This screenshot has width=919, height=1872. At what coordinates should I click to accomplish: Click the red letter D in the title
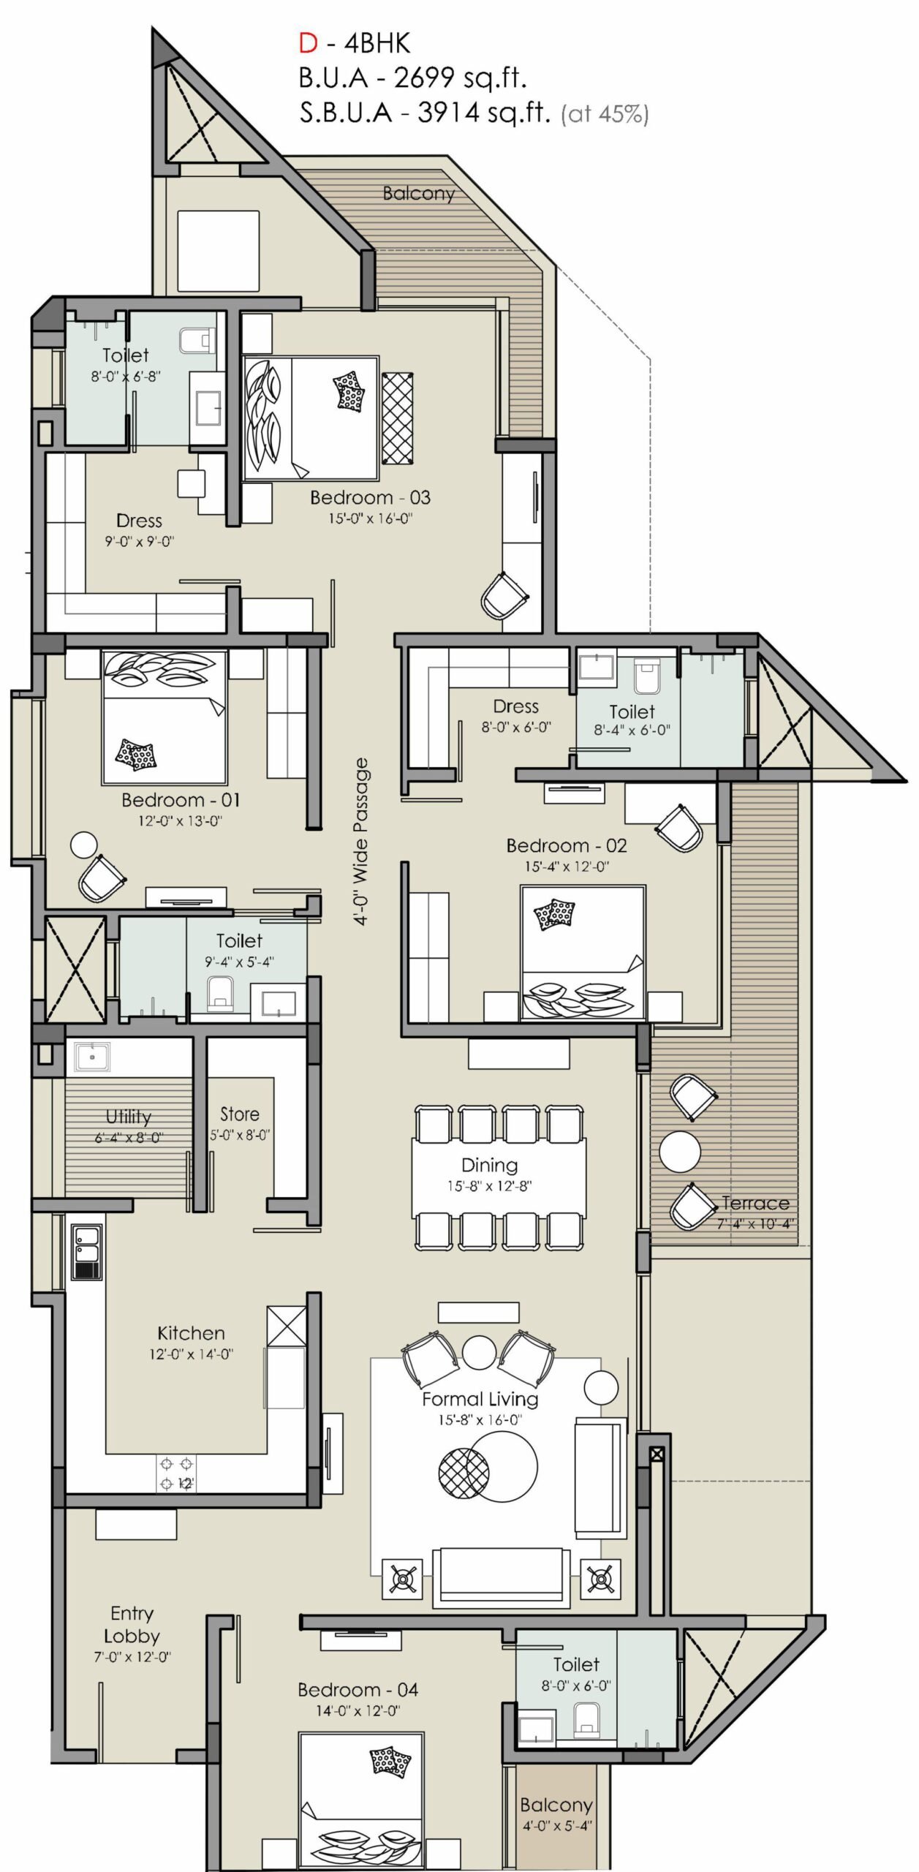[x=308, y=44]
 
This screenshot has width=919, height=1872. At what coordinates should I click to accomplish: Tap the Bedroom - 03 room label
[x=370, y=498]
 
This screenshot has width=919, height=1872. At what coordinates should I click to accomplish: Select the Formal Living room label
[x=480, y=1400]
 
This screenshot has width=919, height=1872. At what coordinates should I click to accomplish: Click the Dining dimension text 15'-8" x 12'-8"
[x=489, y=1185]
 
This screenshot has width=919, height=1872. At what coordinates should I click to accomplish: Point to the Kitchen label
[x=191, y=1333]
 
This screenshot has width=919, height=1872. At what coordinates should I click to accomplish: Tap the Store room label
[x=240, y=1114]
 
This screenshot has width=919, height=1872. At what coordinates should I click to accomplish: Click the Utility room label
[x=129, y=1117]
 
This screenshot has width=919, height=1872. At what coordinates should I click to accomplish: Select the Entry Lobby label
[x=132, y=1625]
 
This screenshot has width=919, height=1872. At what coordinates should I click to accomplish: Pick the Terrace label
[x=755, y=1203]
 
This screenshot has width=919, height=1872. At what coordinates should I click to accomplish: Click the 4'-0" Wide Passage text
[x=361, y=842]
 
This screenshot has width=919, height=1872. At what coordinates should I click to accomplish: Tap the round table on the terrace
[x=680, y=1152]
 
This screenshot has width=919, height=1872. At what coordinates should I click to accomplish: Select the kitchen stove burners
[x=176, y=1473]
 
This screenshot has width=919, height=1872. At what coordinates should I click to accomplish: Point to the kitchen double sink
[x=86, y=1252]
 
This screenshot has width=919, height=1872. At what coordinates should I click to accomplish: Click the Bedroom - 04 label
[x=358, y=1690]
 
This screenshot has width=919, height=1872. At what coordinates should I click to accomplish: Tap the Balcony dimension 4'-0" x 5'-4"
[x=557, y=1825]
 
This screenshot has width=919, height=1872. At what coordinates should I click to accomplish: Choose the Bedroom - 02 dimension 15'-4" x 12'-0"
[x=567, y=867]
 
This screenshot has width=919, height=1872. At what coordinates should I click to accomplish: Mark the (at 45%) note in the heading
[x=605, y=114]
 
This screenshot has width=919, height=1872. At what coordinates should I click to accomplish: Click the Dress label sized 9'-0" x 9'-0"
[x=139, y=521]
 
